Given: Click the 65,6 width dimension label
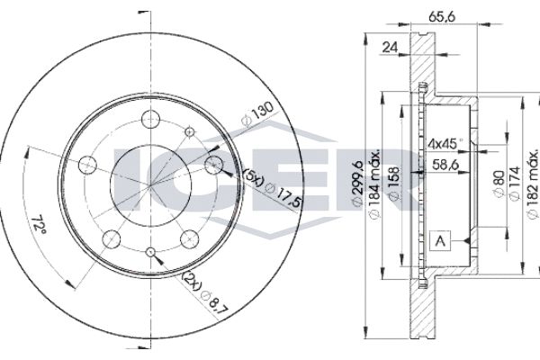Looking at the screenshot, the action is (x=442, y=16).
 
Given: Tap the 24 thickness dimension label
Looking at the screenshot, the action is (x=390, y=47).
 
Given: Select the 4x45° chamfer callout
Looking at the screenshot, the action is (x=445, y=142).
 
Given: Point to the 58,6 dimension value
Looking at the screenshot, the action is (x=445, y=165).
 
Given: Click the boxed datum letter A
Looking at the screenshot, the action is (x=440, y=240).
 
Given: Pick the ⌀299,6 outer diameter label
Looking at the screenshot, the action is (x=357, y=183).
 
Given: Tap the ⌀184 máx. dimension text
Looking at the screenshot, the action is (x=374, y=184).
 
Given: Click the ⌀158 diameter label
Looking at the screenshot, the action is (x=394, y=184).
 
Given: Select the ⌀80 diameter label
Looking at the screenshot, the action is (x=499, y=184).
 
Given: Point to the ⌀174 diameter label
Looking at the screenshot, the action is (x=515, y=184).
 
